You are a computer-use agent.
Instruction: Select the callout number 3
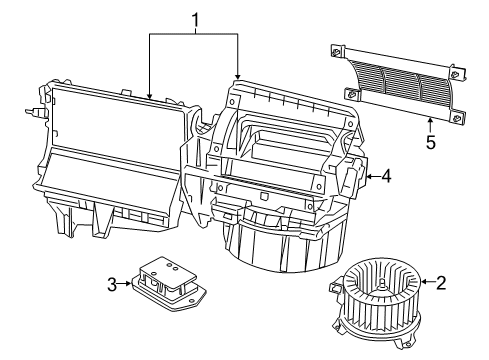click(x=112, y=285)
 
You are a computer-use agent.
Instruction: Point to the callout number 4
click(x=386, y=176)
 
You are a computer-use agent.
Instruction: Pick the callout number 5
click(x=430, y=142)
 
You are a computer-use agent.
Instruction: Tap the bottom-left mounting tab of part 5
click(x=353, y=94)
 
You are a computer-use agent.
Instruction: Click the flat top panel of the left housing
click(x=115, y=114)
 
